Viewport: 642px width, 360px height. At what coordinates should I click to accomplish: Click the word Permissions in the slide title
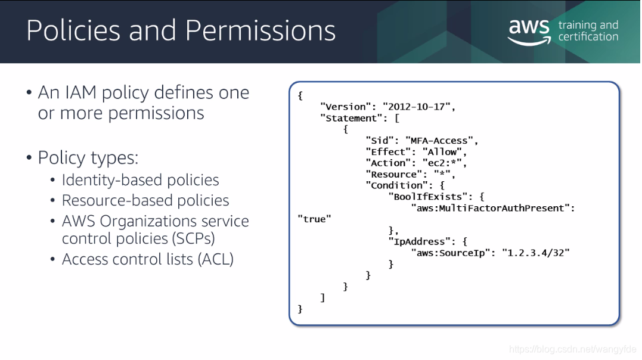260,30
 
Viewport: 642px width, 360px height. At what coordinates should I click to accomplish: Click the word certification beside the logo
588,37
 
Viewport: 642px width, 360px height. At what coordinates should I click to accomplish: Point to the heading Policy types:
88,158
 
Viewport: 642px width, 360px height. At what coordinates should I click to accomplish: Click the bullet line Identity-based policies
141,180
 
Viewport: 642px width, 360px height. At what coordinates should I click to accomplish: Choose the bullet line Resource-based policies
145,201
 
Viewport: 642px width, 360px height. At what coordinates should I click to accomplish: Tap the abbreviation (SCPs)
193,238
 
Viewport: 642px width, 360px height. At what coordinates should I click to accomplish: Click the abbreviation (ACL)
215,259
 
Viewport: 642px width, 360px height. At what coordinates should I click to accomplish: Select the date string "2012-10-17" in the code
417,107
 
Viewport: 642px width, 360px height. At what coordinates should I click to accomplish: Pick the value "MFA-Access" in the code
439,141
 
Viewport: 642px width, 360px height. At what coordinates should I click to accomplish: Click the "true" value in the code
315,219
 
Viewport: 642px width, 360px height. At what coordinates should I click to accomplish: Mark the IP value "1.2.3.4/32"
535,253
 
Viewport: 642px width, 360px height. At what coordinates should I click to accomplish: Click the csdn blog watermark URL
573,349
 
